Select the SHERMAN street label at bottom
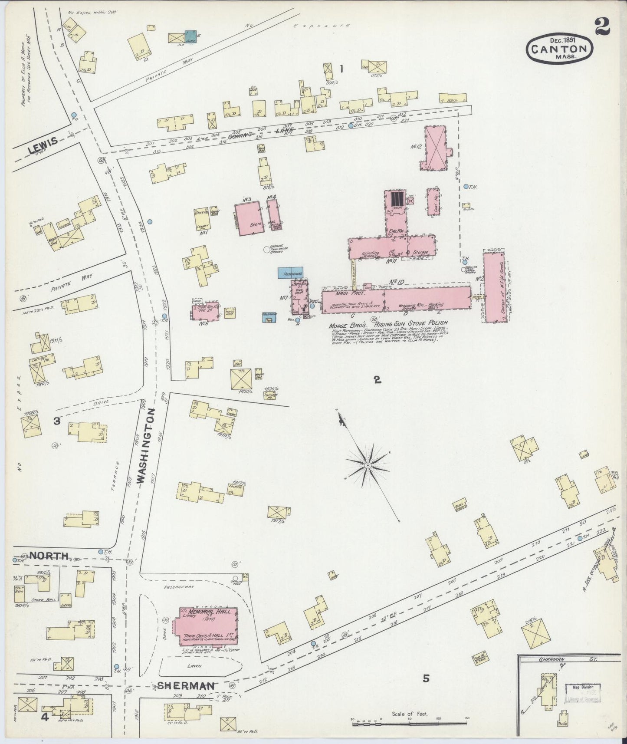point(186,685)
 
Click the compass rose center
point(368,465)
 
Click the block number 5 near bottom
point(426,678)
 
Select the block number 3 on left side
point(56,420)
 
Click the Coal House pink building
point(433,201)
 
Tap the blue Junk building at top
point(190,36)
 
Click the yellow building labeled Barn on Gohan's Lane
point(452,99)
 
